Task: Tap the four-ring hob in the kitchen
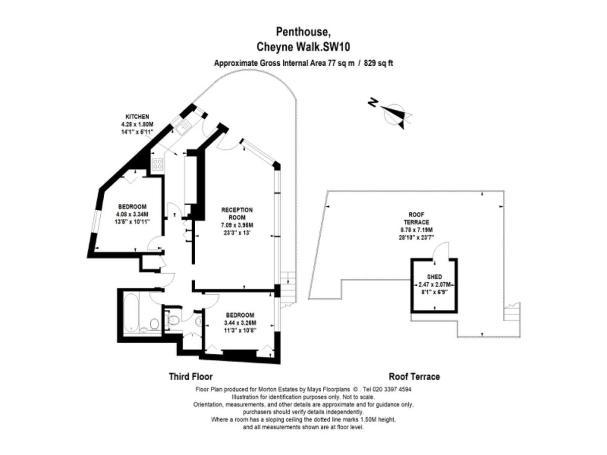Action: [158, 164]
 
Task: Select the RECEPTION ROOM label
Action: [237, 213]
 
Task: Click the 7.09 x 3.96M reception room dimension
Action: [237, 225]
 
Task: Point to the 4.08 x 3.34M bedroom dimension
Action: [133, 214]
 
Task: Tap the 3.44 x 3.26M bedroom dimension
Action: [240, 323]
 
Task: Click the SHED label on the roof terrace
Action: [435, 277]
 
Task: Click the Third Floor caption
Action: [190, 377]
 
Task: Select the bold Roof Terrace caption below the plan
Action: [414, 377]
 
